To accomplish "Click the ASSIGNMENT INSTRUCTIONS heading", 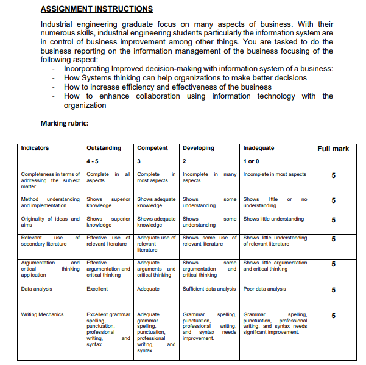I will point(96,9).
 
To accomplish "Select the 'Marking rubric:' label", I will point(64,124).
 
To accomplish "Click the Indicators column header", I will point(35,148).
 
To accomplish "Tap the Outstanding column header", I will point(104,148).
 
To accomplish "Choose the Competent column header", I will point(152,148).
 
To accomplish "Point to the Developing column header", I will point(199,148).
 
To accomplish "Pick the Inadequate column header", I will point(259,148).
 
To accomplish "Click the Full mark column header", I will point(333,149).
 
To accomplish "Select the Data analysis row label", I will point(37,289).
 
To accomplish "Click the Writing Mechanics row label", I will point(42,314).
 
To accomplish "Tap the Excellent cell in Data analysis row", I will point(97,289).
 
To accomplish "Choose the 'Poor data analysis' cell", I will point(264,289).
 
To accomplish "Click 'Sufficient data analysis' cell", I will point(209,289).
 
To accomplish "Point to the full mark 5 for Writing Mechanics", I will point(333,316).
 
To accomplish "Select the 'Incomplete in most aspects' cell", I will point(275,174).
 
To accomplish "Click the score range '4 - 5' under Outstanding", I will point(94,161).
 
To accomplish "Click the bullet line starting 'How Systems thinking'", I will point(185,78).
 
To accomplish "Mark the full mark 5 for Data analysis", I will point(333,290).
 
